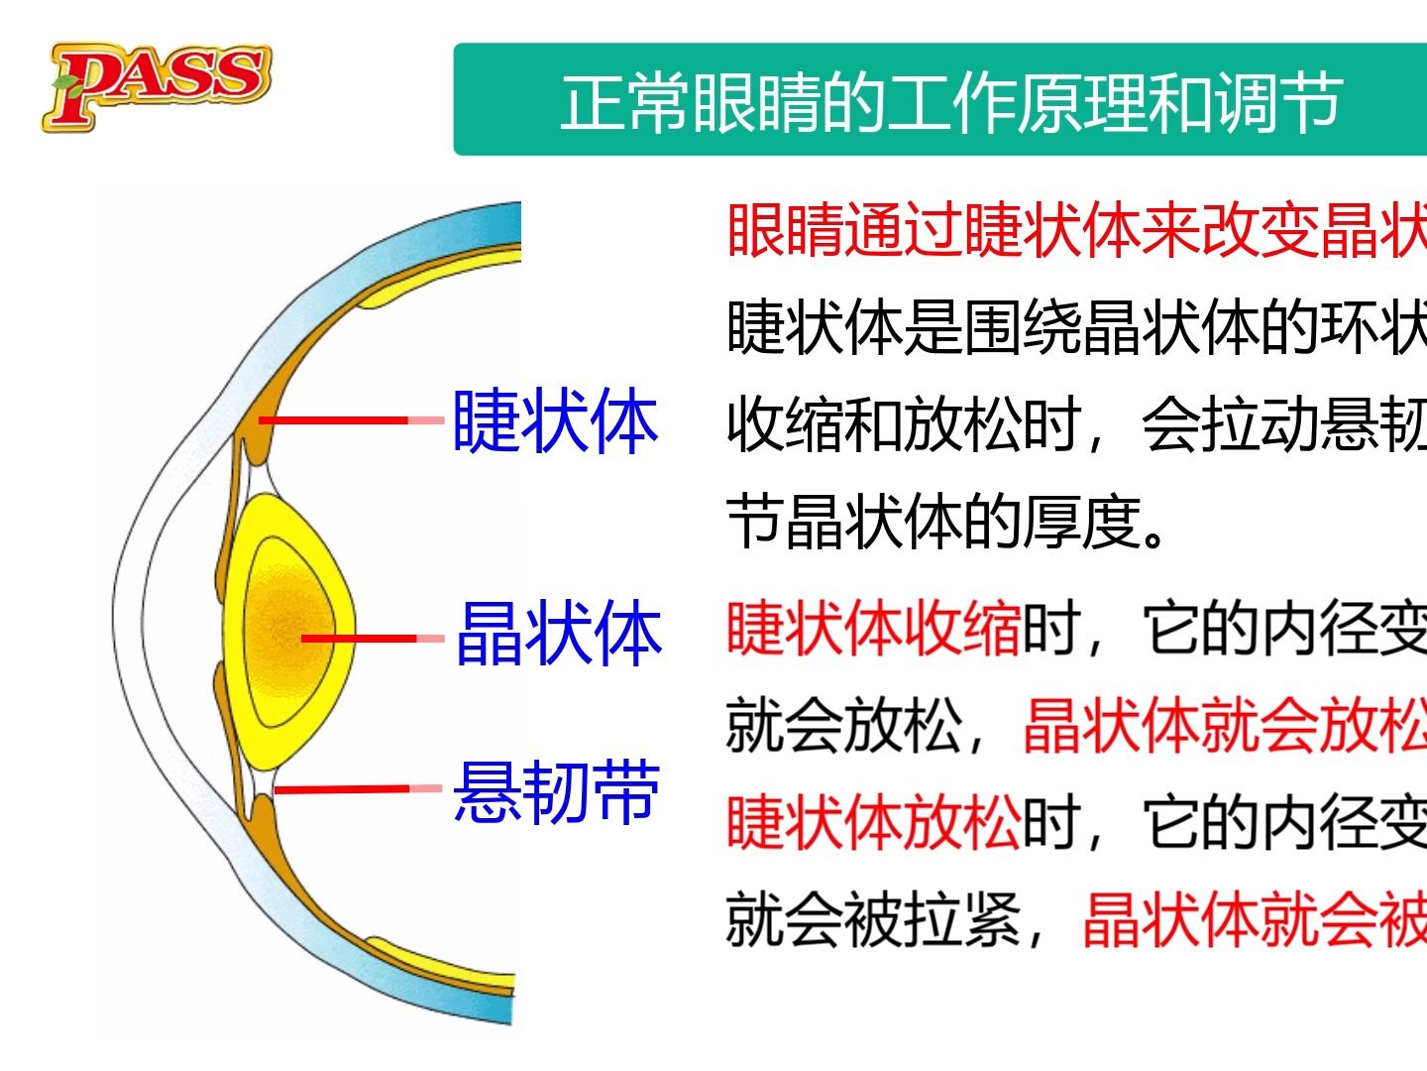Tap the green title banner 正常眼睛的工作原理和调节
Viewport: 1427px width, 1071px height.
(x=949, y=101)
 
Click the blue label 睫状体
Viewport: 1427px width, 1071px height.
(x=555, y=421)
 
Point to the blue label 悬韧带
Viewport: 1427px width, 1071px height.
(x=557, y=791)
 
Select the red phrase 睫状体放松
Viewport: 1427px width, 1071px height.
(x=873, y=823)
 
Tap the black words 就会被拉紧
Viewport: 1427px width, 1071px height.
(x=873, y=920)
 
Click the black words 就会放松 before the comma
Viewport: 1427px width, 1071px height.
(x=843, y=726)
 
